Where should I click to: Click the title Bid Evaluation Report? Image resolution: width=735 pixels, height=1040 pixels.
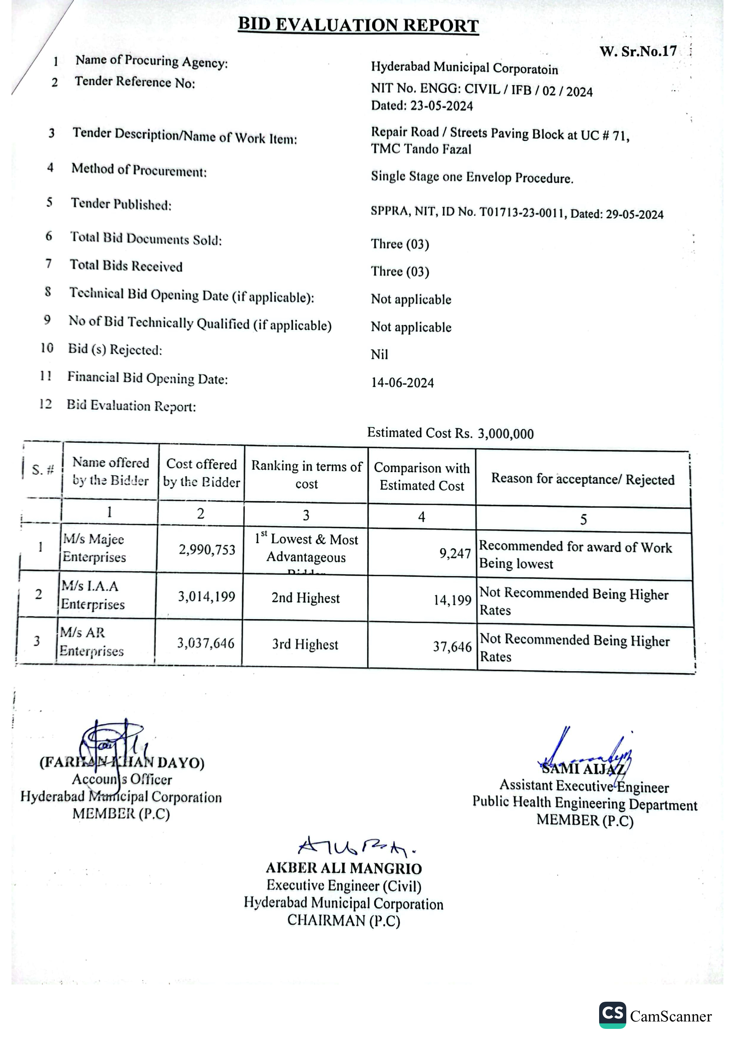[358, 25]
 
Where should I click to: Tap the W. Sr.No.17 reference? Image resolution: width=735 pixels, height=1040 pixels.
[637, 51]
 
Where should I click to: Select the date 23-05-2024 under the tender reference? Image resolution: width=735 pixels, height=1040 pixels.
[441, 106]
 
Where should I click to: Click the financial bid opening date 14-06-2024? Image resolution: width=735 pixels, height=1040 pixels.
[402, 383]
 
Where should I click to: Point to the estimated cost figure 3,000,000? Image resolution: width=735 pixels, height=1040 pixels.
[505, 434]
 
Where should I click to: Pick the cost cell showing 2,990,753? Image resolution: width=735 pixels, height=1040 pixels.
[207, 550]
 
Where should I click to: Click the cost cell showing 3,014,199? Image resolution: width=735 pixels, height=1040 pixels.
[206, 597]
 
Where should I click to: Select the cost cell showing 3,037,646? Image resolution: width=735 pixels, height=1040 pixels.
[206, 643]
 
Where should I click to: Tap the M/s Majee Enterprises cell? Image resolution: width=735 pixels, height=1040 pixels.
[94, 548]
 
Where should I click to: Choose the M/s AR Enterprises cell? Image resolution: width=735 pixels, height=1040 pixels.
[91, 641]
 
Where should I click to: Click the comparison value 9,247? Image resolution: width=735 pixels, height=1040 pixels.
[455, 553]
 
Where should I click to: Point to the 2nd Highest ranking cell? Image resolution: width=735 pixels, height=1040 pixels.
[306, 598]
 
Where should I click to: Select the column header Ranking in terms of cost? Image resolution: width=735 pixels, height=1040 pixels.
[306, 475]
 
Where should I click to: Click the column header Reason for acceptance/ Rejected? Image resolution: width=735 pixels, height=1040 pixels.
[583, 479]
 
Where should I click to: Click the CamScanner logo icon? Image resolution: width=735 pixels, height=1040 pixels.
[612, 1014]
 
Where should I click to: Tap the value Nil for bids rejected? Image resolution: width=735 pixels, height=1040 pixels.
[379, 354]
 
